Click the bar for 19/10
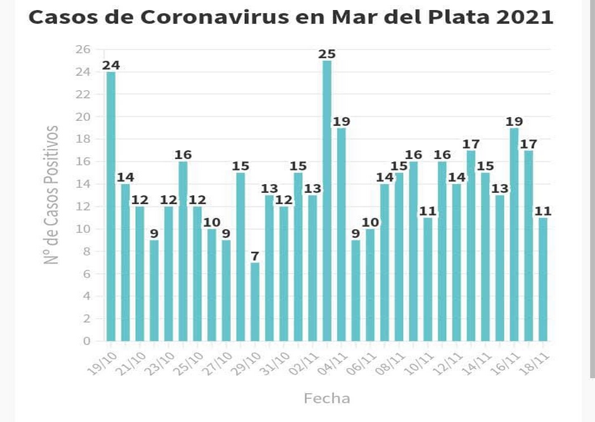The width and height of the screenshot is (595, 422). [x=111, y=207]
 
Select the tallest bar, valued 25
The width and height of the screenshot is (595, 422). [x=327, y=200]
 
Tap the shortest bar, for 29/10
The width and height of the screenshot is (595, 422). [x=255, y=302]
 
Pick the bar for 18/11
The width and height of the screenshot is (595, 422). [x=543, y=279]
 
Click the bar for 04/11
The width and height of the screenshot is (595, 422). [x=341, y=234]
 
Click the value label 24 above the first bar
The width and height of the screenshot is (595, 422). [x=111, y=65]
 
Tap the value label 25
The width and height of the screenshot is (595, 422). [x=327, y=54]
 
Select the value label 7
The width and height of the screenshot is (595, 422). [x=255, y=256]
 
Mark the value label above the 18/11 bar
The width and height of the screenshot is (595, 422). [x=543, y=211]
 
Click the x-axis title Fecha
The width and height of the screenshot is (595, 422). [x=326, y=398]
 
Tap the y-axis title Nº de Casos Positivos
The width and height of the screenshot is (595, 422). [x=53, y=195]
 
